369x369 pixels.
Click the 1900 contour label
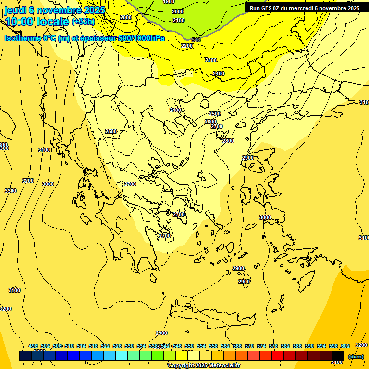click(x=169, y=2)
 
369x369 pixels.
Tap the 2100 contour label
click(x=179, y=20)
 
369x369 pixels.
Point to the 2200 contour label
click(x=187, y=46)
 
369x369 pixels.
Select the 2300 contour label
click(x=211, y=60)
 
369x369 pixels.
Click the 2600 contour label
click(x=210, y=122)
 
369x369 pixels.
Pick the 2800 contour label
click(x=228, y=141)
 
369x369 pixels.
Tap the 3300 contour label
click(x=10, y=191)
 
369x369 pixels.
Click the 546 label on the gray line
click(x=196, y=40)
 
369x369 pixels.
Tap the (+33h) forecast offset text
click(x=83, y=22)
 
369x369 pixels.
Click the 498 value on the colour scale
click(x=33, y=346)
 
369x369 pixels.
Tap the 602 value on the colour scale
click(x=345, y=346)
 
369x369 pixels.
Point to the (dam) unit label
click(x=356, y=356)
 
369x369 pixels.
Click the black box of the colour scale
click(x=338, y=356)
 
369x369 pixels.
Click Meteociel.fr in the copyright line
click(x=222, y=366)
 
